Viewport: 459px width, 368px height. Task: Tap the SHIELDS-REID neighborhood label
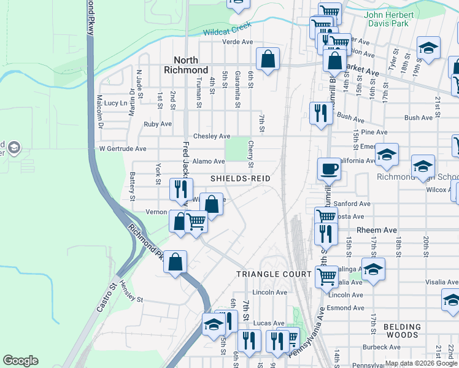pos(241,178)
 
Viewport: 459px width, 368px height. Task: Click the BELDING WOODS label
pos(403,331)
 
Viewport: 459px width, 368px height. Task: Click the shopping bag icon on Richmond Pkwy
pos(175,262)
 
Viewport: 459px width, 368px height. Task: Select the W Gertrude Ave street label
pos(123,148)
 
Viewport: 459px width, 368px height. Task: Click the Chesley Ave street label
pos(212,136)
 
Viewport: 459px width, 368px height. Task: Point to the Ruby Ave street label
pos(158,124)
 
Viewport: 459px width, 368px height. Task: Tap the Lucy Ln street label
pos(115,103)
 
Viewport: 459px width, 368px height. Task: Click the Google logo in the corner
pos(20,361)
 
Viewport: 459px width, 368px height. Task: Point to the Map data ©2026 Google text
pos(422,363)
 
